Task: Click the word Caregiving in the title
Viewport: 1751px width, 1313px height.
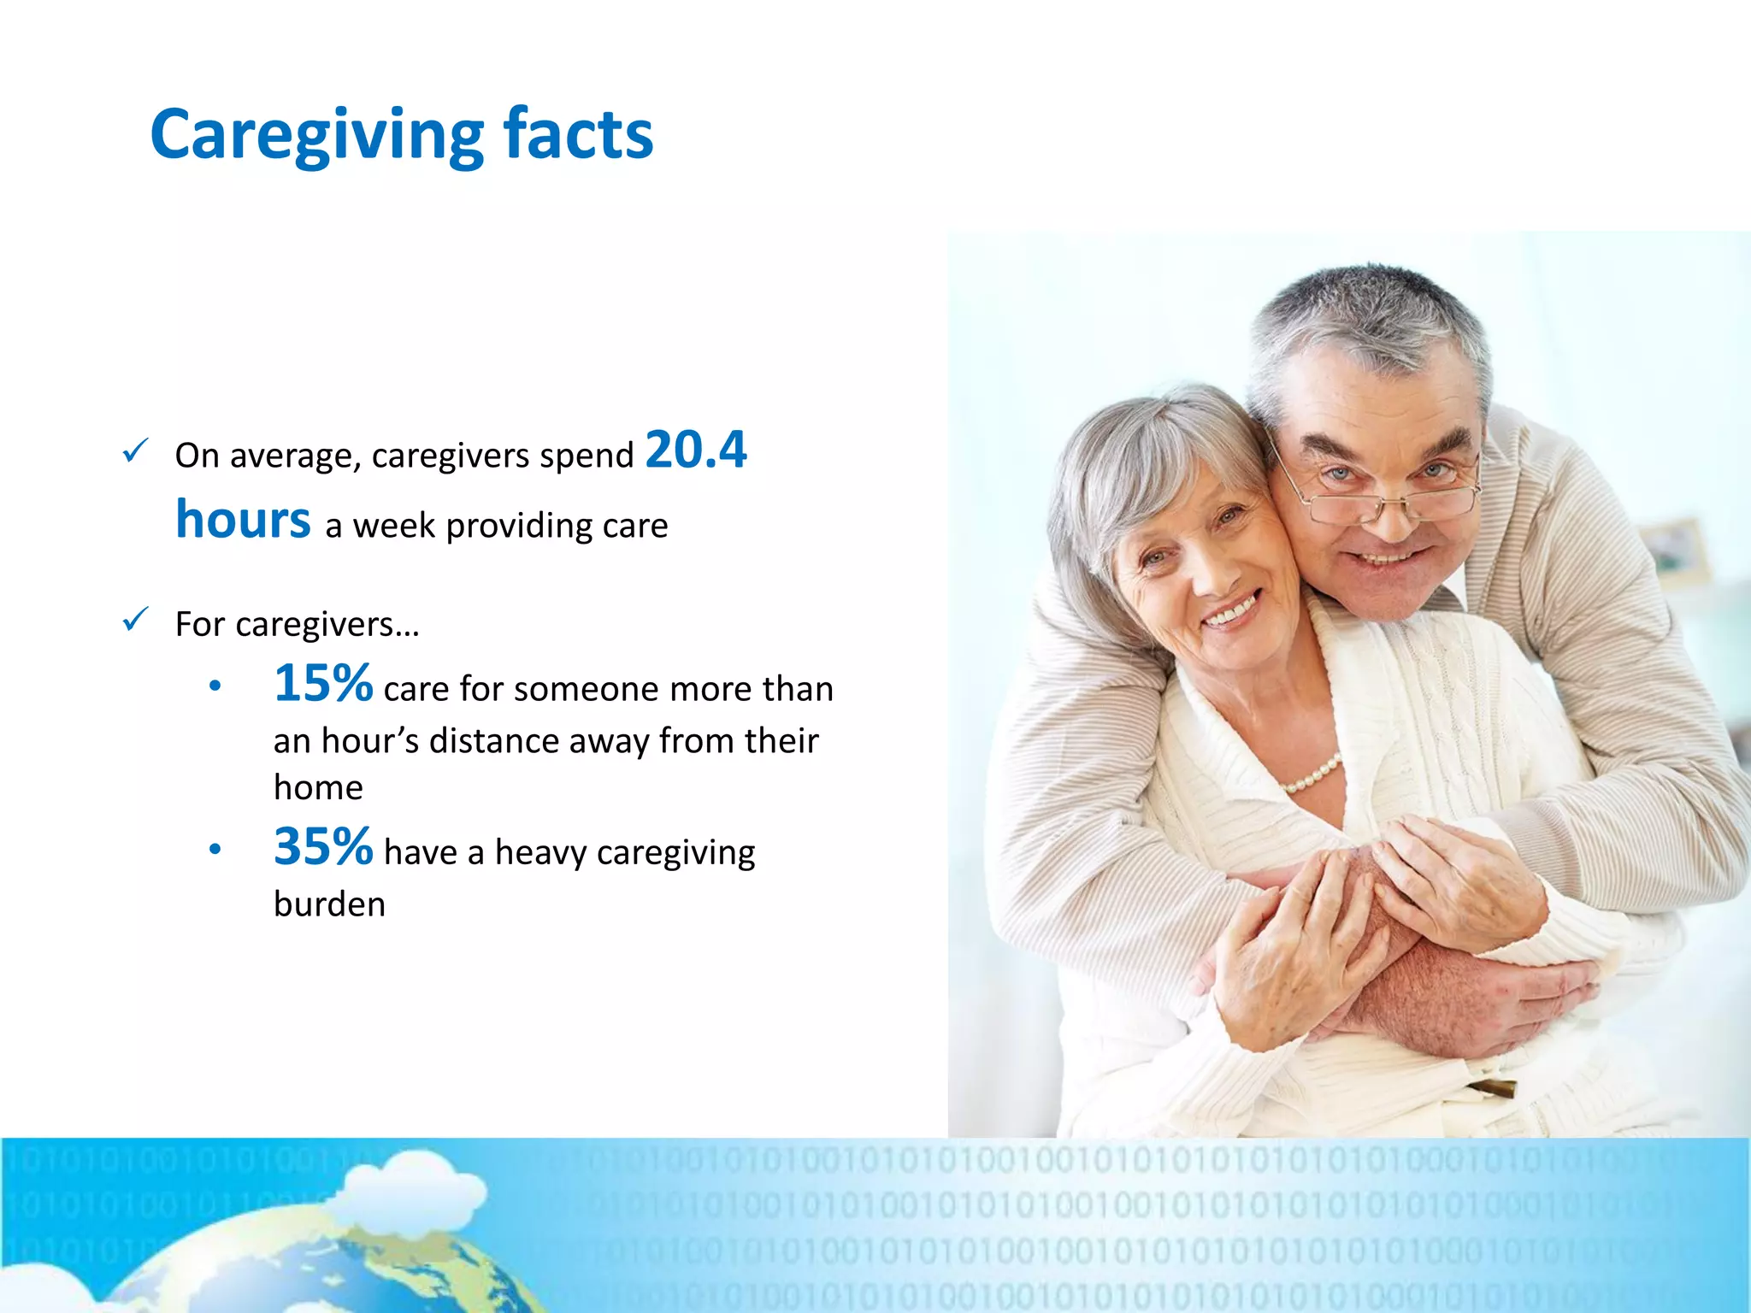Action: [x=317, y=135]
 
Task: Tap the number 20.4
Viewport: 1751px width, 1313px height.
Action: [x=696, y=450]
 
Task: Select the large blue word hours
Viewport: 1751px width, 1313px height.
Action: [x=243, y=520]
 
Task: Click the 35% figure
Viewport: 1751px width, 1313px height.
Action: [x=323, y=846]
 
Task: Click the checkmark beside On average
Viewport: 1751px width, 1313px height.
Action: [x=136, y=450]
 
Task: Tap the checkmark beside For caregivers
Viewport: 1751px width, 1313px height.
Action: [x=136, y=619]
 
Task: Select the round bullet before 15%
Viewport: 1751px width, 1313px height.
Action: [x=215, y=686]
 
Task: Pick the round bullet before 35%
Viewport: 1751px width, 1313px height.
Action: [x=215, y=849]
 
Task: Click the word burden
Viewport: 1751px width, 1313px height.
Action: [x=329, y=904]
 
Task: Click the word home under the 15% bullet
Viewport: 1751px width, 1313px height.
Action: [x=318, y=787]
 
